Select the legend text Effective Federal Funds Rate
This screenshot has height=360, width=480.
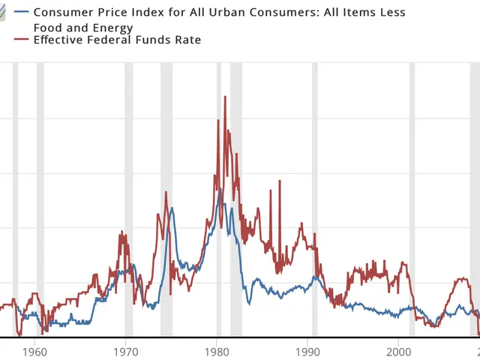click(118, 40)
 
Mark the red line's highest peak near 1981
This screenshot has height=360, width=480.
click(225, 97)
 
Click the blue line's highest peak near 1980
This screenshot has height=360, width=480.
click(220, 190)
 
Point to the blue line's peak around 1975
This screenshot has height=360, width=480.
click(172, 208)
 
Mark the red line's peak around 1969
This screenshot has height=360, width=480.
click(121, 233)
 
